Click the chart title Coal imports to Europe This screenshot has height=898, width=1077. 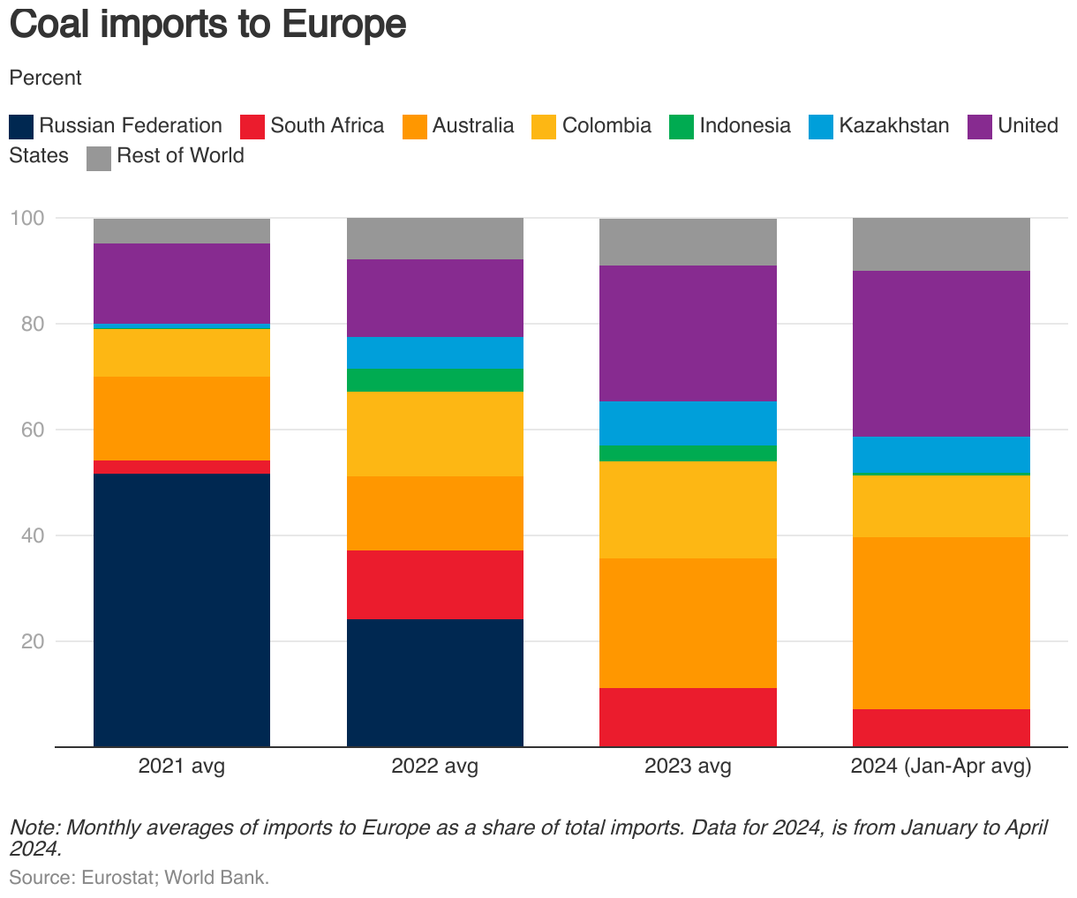coord(207,25)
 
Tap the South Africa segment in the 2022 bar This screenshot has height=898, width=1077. coord(434,585)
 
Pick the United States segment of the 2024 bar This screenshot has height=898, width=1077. coord(941,354)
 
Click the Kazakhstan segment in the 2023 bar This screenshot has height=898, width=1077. coord(688,423)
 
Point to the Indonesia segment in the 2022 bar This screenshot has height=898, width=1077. coord(434,380)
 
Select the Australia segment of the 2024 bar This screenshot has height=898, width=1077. coord(941,623)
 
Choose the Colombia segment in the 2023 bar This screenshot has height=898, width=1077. coord(688,510)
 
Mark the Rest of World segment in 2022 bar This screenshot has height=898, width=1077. coord(434,238)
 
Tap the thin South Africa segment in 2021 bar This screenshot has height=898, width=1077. coord(182,467)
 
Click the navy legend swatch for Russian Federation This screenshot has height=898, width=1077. coord(21,126)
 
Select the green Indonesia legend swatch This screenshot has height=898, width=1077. coord(682,126)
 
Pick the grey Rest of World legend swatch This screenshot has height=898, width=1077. coord(99,157)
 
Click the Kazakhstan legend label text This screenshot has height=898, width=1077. coord(893,125)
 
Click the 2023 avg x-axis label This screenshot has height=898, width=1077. coord(688,766)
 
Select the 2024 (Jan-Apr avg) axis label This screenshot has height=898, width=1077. coord(941,766)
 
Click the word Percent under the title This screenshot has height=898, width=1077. coord(45,78)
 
